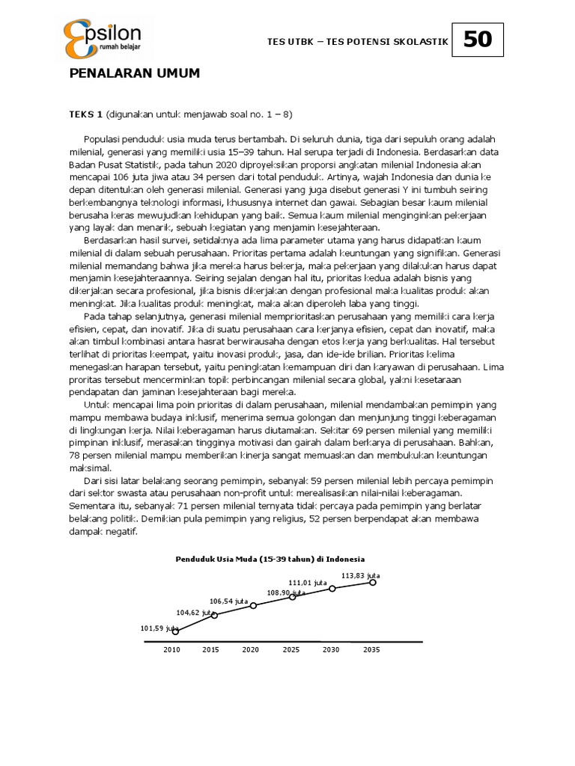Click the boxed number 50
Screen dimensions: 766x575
click(478, 40)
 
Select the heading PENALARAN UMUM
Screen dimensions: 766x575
click(135, 73)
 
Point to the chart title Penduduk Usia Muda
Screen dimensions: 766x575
click(270, 559)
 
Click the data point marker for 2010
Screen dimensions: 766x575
click(176, 631)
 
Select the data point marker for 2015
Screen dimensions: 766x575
click(215, 615)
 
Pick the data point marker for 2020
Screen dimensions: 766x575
click(254, 605)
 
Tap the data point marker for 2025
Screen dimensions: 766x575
click(293, 597)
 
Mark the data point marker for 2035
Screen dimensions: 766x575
click(373, 582)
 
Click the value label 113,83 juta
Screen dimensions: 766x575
click(361, 575)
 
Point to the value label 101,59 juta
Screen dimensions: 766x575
click(159, 628)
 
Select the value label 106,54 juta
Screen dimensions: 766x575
click(229, 601)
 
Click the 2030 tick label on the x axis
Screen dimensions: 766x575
click(330, 650)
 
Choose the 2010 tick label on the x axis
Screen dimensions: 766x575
click(172, 650)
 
